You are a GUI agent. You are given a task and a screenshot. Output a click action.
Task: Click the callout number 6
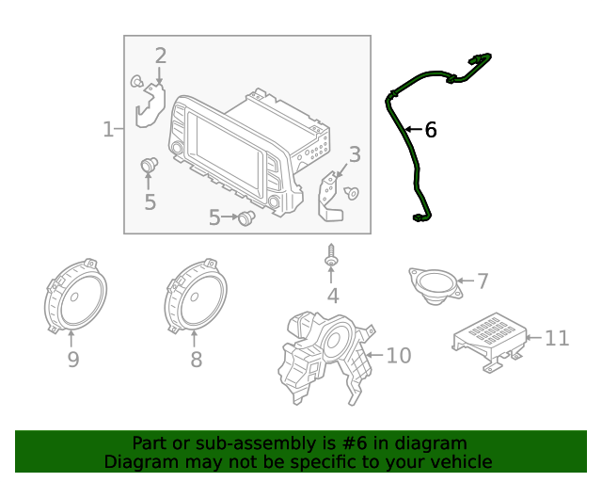[x=431, y=130]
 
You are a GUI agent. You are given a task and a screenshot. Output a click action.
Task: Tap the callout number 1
[x=107, y=129]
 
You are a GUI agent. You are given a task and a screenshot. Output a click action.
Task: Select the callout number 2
[x=161, y=56]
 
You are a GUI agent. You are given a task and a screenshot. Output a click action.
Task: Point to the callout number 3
[x=355, y=154]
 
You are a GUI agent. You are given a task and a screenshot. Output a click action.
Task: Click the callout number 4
[x=332, y=297]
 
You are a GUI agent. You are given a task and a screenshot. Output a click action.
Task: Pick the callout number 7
[x=483, y=281]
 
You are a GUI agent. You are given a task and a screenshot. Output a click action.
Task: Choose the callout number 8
[x=196, y=359]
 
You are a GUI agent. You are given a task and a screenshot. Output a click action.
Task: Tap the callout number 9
[x=72, y=359]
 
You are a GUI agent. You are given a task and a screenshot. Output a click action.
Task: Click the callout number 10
[x=399, y=355]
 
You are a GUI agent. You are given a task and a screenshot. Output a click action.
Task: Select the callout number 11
[x=558, y=337]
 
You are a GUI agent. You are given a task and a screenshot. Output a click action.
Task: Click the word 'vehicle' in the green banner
[x=459, y=462]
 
